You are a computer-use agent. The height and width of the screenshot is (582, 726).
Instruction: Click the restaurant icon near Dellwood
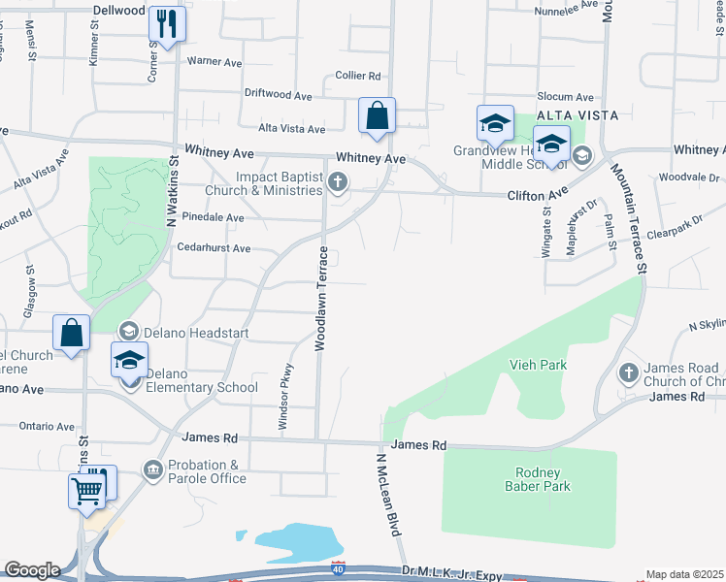click(167, 23)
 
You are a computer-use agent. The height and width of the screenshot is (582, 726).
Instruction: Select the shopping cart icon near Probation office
click(87, 490)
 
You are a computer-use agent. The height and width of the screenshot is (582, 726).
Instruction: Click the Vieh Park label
click(537, 365)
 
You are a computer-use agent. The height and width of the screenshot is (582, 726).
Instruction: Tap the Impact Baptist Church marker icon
click(338, 182)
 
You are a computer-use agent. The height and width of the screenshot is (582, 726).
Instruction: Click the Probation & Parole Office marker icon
click(152, 471)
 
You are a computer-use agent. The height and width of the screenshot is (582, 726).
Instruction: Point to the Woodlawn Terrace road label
click(320, 298)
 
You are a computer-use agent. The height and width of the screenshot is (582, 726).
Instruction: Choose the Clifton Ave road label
click(537, 195)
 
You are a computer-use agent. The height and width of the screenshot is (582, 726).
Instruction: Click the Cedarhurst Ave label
click(214, 248)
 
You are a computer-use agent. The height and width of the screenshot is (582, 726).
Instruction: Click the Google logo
click(32, 570)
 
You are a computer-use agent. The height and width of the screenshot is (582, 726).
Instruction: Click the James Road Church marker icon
click(629, 372)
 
